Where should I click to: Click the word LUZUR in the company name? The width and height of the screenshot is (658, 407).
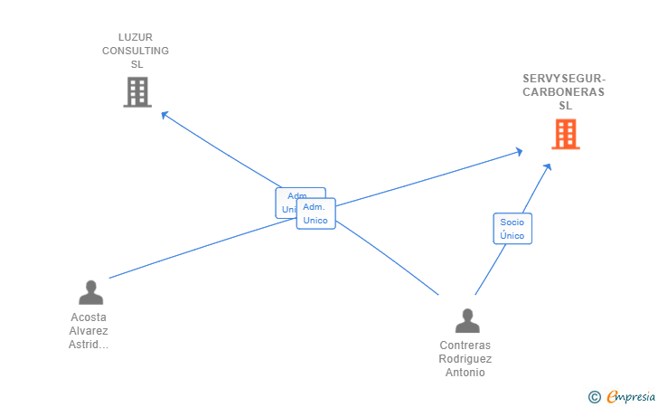point(135,37)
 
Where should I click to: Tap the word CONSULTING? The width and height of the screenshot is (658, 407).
point(135,51)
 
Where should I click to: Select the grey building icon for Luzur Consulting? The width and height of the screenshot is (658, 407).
point(136,91)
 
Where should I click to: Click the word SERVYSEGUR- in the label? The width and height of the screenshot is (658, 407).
point(564,78)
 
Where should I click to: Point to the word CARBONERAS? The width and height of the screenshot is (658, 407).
point(564,91)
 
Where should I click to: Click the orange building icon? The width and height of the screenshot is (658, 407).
point(565,134)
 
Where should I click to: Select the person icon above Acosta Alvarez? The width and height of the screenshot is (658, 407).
point(90,292)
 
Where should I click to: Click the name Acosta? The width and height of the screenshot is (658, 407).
point(89,317)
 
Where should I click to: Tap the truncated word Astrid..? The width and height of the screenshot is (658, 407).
point(89,345)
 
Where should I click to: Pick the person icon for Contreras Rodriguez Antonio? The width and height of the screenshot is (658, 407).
point(467,320)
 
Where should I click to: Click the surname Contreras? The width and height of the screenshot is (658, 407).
point(465,345)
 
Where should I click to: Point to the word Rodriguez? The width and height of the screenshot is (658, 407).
point(465,359)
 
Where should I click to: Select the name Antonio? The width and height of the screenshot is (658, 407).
point(465,373)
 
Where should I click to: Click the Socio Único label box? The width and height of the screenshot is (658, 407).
point(512,229)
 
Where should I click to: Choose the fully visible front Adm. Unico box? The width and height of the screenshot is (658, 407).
point(315,213)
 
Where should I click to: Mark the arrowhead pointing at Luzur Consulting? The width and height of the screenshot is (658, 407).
point(164,114)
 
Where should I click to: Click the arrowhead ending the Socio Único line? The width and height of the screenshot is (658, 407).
point(548,166)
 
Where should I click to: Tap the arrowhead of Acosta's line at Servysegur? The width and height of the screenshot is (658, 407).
point(518,152)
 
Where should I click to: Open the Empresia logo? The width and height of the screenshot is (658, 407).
point(631,396)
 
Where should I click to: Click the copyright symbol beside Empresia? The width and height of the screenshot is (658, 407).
point(594,396)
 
